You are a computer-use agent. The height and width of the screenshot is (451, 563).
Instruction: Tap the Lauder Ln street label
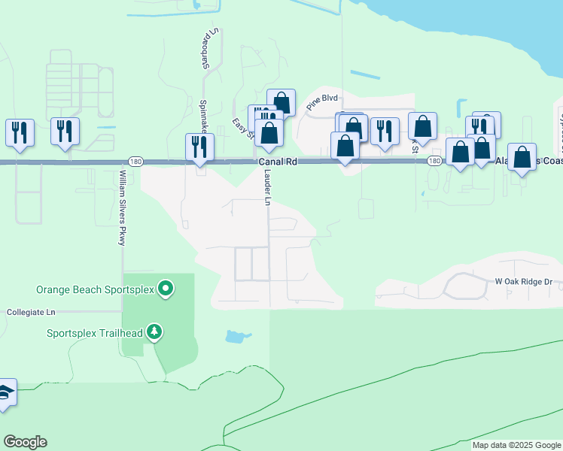click(267, 186)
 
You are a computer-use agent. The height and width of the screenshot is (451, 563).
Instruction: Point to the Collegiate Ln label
click(31, 311)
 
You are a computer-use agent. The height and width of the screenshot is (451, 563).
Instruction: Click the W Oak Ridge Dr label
click(523, 281)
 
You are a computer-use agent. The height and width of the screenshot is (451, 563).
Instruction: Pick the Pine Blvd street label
click(323, 99)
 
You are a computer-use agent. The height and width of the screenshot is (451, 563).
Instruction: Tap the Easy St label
click(239, 123)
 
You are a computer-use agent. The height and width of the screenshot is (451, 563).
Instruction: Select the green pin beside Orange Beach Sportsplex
click(166, 288)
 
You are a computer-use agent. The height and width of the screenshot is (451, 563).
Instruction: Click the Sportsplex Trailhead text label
click(95, 332)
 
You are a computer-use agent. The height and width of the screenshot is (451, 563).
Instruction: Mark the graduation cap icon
click(4, 393)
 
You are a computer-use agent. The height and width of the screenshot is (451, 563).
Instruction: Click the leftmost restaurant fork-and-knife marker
click(20, 132)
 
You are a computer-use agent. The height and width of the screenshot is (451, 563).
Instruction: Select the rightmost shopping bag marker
click(522, 156)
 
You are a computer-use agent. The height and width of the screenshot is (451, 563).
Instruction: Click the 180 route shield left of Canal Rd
click(135, 162)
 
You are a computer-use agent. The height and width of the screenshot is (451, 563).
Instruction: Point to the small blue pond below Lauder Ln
click(235, 336)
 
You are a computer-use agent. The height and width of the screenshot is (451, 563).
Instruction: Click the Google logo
click(25, 442)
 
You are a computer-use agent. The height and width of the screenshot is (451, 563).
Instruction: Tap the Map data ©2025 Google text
click(516, 446)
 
